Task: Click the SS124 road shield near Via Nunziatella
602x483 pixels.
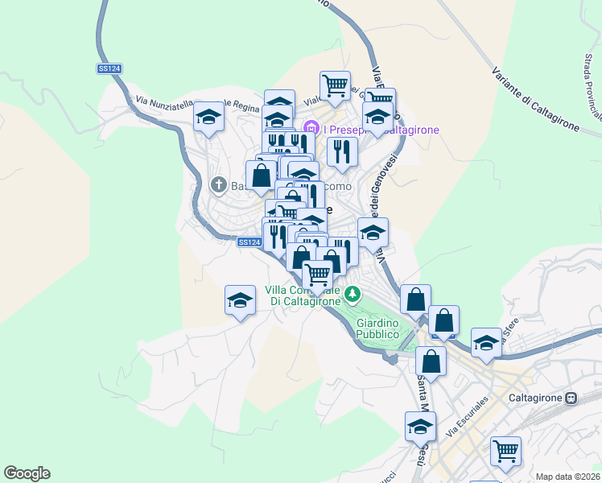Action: (109, 69)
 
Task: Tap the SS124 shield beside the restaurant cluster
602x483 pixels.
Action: (249, 242)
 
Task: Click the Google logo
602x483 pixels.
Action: (27, 473)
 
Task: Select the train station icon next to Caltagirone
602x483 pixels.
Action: (571, 398)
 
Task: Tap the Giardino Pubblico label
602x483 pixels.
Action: (377, 328)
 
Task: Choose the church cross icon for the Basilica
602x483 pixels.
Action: (217, 185)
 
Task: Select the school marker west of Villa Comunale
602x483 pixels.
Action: (240, 300)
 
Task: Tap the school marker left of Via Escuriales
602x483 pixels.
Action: (419, 426)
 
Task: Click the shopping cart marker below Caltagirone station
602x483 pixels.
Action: (506, 450)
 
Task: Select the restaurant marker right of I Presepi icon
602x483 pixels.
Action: (343, 151)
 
